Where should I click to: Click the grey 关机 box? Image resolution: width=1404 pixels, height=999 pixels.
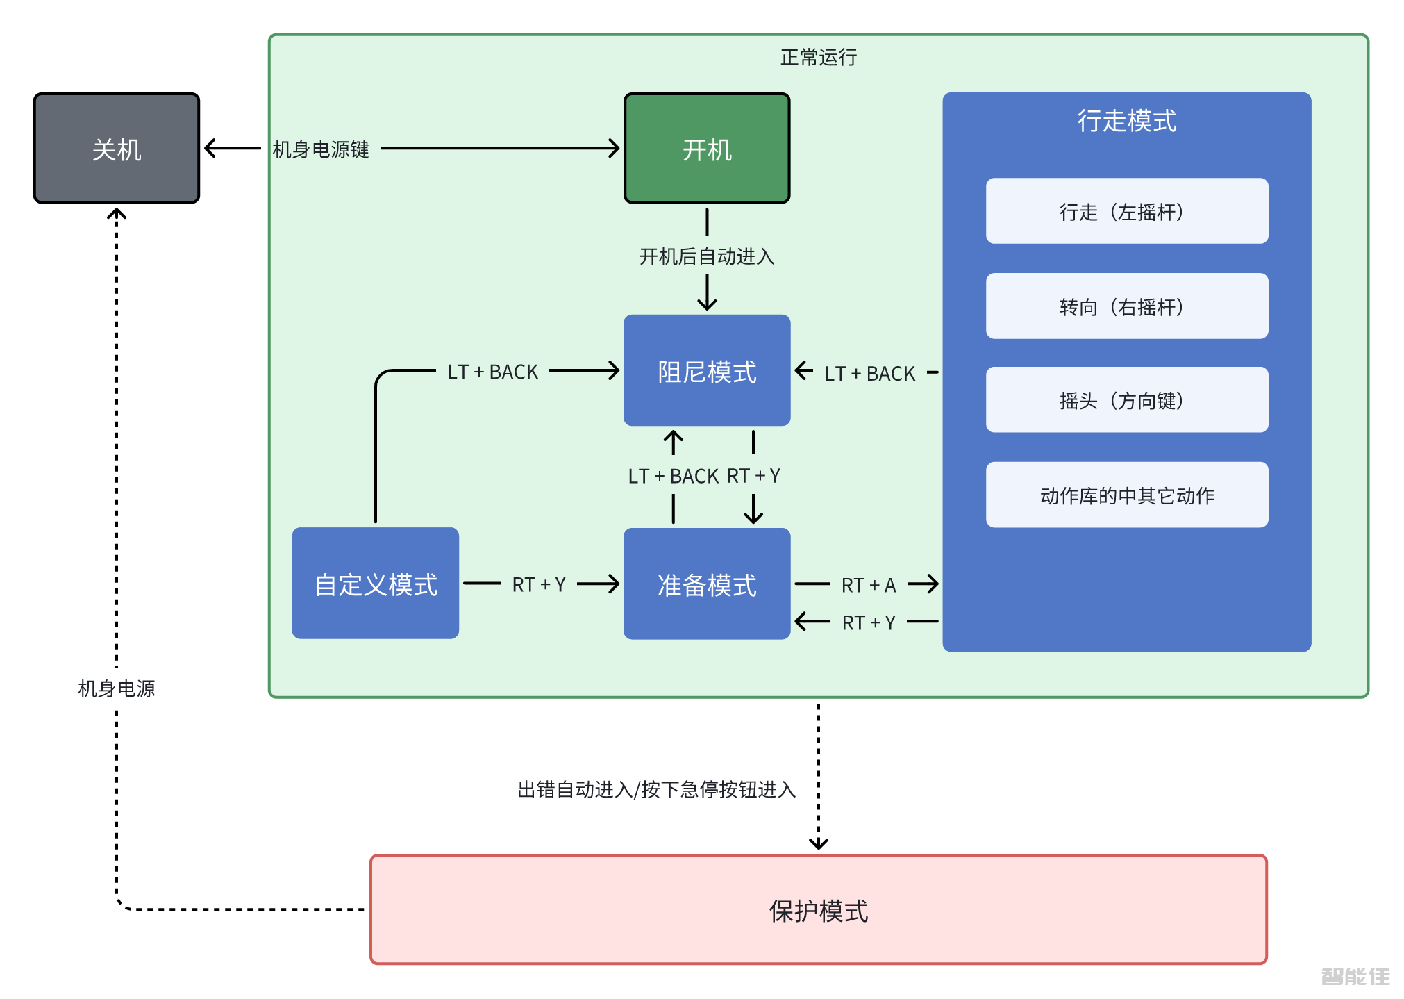coord(117,149)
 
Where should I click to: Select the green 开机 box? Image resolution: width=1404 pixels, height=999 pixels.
coord(707,149)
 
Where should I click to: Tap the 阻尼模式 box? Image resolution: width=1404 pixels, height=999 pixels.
coord(707,371)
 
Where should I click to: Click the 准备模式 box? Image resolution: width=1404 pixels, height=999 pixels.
coord(707,584)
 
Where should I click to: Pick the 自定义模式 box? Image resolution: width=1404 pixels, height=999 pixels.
coord(376,584)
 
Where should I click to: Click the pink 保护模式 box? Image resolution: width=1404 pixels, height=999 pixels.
coord(818,910)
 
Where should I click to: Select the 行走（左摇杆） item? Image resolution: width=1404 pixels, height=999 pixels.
coord(1126,211)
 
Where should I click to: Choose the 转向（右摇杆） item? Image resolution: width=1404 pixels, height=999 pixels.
coord(1126,306)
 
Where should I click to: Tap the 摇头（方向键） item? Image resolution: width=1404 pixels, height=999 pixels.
coord(1126,400)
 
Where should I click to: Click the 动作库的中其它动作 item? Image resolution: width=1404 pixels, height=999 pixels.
coord(1126,495)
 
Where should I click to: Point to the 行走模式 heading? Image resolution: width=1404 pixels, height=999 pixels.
coord(1126,121)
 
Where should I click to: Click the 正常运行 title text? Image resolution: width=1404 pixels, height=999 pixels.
coord(818,57)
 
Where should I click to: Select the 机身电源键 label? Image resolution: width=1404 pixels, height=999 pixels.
coord(321,149)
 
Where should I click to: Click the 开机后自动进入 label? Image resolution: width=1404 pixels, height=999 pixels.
coord(707,256)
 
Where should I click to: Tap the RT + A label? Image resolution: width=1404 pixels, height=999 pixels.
coord(868,585)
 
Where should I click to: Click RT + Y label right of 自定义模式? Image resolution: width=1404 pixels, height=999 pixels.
coord(539,584)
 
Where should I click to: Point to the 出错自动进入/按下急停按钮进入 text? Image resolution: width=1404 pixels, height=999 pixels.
coord(656,789)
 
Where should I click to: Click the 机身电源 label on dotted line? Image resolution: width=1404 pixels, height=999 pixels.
coord(117,688)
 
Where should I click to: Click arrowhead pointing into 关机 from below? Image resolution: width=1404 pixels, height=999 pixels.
coord(117,213)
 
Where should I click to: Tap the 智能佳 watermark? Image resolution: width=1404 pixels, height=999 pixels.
coord(1355,976)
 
